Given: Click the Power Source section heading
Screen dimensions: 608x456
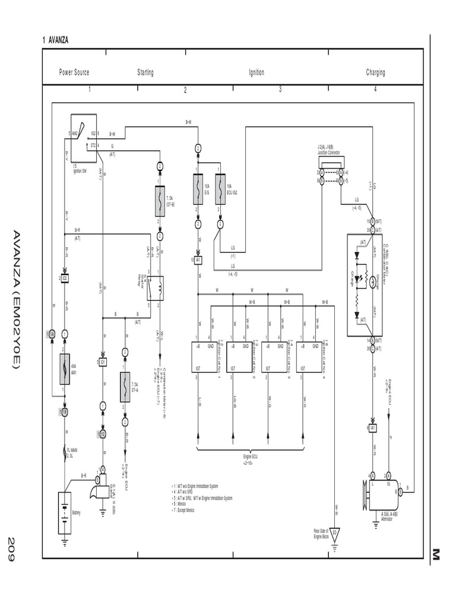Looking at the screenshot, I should [74, 72].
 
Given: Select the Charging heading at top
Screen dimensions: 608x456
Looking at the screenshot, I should [375, 72].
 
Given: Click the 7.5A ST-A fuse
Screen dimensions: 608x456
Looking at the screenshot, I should [125, 385].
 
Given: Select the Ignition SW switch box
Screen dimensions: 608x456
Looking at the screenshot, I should [84, 138].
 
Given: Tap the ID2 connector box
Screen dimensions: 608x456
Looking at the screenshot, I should [64, 278].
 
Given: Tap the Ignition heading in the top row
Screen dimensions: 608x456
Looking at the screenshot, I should [256, 72].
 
